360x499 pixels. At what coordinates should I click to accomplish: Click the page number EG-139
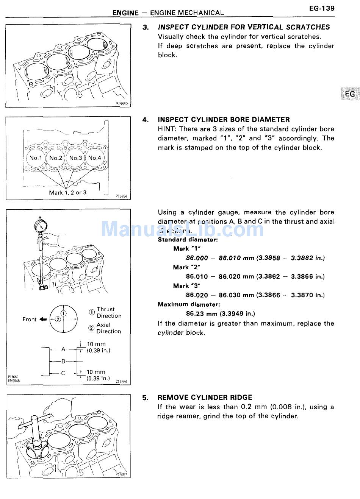(322, 8)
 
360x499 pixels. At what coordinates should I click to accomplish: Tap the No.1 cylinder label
(36, 158)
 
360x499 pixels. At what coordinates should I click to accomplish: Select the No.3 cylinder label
(75, 158)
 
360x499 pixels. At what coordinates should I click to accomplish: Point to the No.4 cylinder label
(95, 158)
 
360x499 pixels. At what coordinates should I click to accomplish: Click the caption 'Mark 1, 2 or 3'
(67, 193)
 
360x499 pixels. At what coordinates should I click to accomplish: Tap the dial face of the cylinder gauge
(40, 226)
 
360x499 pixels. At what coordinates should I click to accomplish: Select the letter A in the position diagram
(63, 349)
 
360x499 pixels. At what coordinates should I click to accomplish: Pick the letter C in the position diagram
(63, 373)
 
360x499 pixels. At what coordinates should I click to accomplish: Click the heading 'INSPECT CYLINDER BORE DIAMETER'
(224, 120)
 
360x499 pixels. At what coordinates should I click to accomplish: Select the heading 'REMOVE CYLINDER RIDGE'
(205, 398)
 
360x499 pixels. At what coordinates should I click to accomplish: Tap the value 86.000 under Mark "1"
(197, 258)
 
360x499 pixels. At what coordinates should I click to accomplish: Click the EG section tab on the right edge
(349, 94)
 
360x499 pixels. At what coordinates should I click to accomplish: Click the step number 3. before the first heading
(146, 27)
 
